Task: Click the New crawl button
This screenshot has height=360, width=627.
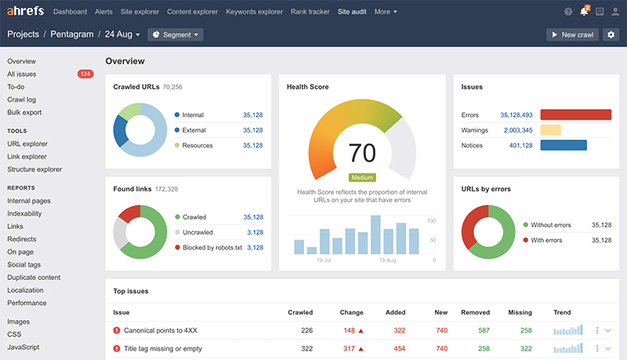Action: pyautogui.click(x=572, y=35)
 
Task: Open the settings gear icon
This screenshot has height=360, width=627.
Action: pyautogui.click(x=611, y=35)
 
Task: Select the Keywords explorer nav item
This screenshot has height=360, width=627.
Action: pyautogui.click(x=256, y=12)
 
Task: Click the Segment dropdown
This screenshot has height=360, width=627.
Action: pyautogui.click(x=176, y=35)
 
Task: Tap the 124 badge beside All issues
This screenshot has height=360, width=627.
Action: pyautogui.click(x=85, y=75)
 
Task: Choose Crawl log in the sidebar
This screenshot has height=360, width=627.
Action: pyautogui.click(x=21, y=100)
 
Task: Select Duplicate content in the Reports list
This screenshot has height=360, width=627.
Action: pyautogui.click(x=34, y=278)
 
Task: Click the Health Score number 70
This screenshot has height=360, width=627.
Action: pyautogui.click(x=361, y=153)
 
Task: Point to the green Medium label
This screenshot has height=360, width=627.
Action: pyautogui.click(x=362, y=177)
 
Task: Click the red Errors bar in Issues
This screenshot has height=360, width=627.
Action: pyautogui.click(x=575, y=115)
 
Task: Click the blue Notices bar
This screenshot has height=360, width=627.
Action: pyautogui.click(x=564, y=145)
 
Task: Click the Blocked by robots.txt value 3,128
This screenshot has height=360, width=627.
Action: pyautogui.click(x=254, y=247)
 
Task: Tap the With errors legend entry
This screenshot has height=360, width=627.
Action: pyautogui.click(x=547, y=240)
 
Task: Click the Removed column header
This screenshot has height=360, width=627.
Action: pyautogui.click(x=475, y=311)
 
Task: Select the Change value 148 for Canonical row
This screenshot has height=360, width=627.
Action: pyautogui.click(x=349, y=330)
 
